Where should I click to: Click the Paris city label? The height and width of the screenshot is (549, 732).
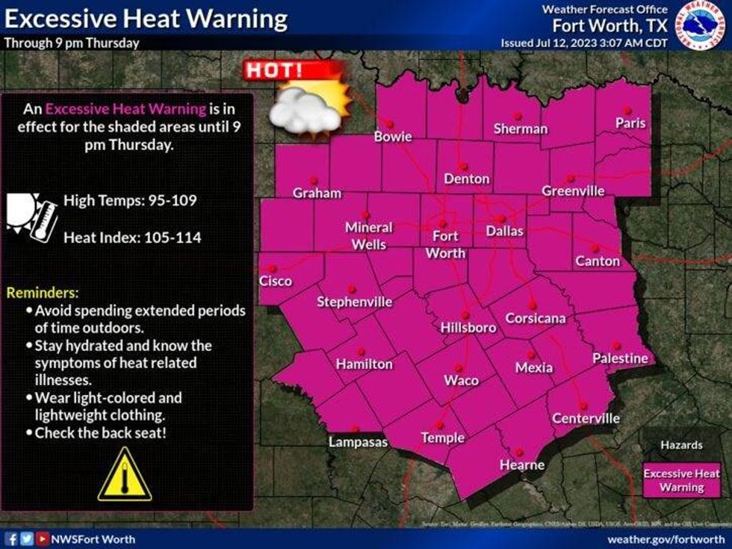(630, 123)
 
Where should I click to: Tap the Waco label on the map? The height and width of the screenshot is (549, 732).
(461, 380)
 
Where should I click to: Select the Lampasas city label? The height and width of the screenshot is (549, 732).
(359, 442)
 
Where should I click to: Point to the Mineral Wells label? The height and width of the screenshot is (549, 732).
(368, 236)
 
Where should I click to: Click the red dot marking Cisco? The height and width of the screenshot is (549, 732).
(273, 269)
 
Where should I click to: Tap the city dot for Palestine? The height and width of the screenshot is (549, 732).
(617, 346)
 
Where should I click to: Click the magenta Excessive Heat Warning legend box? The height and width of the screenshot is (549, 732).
(681, 480)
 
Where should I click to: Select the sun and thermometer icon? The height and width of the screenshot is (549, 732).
(31, 217)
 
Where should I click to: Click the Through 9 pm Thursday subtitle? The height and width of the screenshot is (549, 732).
(72, 43)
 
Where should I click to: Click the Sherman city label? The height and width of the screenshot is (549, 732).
(520, 128)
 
